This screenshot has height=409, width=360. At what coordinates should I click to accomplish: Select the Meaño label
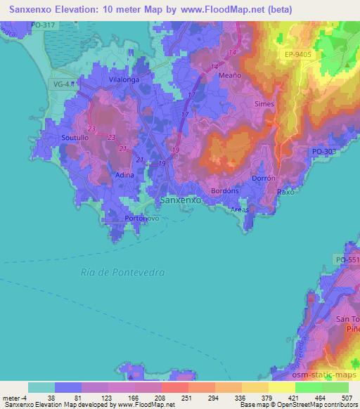tap(230, 76)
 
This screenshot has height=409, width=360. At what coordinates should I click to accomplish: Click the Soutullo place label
tap(75, 137)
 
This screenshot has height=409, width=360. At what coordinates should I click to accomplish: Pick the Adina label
tap(124, 174)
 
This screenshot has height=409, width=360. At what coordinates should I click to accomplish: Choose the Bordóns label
tap(226, 190)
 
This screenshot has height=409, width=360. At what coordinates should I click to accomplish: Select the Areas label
tap(240, 209)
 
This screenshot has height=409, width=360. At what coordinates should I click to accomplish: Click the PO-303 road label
tap(325, 151)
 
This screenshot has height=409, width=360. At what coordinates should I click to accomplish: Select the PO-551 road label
tap(348, 260)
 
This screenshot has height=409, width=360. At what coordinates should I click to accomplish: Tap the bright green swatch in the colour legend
tap(309, 387)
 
